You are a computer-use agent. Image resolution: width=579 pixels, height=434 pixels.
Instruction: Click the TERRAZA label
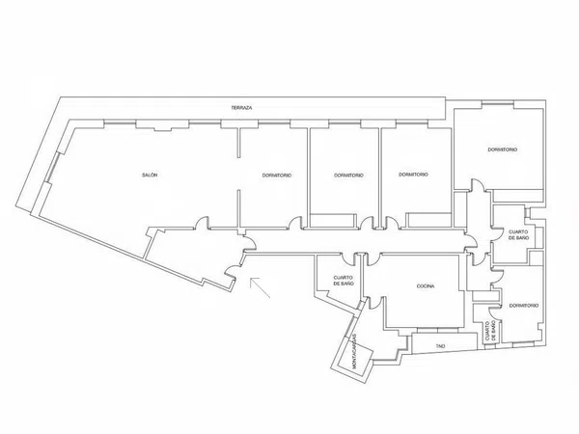(x=241, y=108)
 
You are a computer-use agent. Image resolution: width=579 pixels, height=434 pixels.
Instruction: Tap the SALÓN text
(x=150, y=175)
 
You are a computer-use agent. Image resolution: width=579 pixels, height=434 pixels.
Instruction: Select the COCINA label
(x=426, y=286)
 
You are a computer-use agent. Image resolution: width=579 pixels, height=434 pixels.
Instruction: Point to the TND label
(x=440, y=346)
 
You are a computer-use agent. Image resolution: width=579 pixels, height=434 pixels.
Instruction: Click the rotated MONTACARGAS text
(x=354, y=351)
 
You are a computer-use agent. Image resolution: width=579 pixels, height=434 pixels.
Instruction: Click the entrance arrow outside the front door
(x=260, y=287)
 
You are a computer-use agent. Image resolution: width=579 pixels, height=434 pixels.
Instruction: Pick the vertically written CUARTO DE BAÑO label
(x=491, y=330)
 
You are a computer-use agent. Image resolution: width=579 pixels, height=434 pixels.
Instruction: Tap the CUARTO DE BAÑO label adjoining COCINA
(x=344, y=281)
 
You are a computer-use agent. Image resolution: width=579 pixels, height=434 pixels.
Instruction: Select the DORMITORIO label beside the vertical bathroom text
(x=524, y=306)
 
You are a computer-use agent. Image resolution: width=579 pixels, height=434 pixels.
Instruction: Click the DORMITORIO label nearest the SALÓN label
(x=277, y=176)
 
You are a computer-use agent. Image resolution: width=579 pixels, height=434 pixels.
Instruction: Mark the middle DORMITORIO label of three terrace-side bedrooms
(x=348, y=176)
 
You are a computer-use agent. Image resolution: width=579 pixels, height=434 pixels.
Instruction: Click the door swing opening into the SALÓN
(x=202, y=223)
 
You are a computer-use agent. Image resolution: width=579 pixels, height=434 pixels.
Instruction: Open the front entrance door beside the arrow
(x=232, y=272)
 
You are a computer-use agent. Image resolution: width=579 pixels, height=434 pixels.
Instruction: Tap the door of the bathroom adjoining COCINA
(x=347, y=258)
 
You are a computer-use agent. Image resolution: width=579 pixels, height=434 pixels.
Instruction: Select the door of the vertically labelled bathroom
(x=494, y=312)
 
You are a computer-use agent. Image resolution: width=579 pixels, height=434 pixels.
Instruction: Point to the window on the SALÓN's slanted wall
(x=52, y=167)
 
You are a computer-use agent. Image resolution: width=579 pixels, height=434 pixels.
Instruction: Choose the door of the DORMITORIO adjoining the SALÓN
(x=295, y=223)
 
